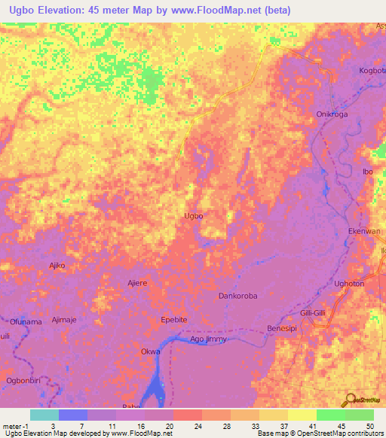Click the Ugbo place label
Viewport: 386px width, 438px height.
193,216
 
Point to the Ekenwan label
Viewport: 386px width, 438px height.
364,233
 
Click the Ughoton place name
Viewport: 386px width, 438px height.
349,283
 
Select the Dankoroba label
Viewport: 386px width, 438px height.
237,296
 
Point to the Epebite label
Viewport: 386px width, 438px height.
174,320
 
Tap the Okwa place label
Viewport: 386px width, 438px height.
150,351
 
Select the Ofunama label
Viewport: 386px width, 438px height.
26,321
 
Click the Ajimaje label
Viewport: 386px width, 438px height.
64,320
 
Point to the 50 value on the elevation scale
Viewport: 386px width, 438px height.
369,426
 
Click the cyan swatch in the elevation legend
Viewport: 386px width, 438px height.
44,415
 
